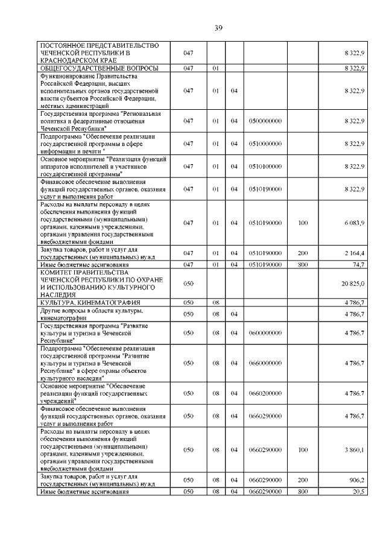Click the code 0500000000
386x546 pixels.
(265, 121)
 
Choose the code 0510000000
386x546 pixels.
(265, 144)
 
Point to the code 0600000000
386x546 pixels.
(265, 332)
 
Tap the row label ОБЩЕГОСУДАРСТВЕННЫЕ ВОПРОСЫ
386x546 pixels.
(100, 68)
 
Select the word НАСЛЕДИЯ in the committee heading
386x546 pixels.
(58, 294)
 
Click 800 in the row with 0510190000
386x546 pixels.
(303, 264)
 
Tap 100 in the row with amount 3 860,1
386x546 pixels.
(303, 450)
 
